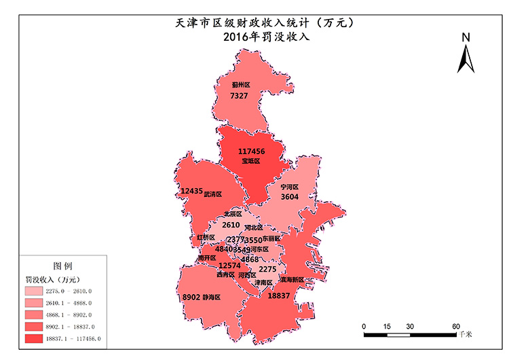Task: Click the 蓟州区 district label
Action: [241, 85]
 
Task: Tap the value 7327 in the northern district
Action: [239, 96]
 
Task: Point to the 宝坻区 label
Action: [251, 162]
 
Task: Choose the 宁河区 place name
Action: [290, 186]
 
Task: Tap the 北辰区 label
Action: [233, 214]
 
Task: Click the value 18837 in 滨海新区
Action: [279, 296]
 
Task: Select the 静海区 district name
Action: [213, 298]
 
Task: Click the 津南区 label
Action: [263, 283]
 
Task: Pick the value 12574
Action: [229, 266]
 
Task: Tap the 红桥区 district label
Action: [206, 238]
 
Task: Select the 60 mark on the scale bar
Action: [456, 326]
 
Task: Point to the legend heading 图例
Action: [62, 265]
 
